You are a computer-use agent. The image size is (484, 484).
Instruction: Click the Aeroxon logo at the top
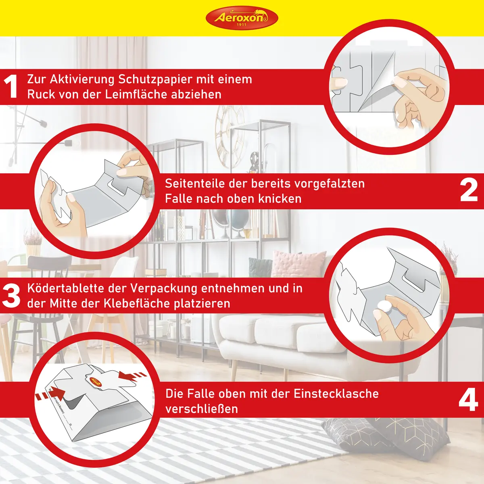(x=242, y=18)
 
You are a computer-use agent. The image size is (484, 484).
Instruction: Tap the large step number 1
(x=10, y=87)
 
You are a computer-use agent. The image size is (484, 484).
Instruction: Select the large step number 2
(x=469, y=190)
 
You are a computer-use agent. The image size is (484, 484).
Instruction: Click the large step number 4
(x=469, y=400)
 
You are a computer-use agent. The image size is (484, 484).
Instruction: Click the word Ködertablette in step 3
(x=66, y=288)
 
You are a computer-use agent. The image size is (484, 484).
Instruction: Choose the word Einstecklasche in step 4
(x=336, y=393)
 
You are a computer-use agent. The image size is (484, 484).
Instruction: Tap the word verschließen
(x=202, y=409)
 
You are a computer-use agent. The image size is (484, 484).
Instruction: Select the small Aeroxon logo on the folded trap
(x=95, y=383)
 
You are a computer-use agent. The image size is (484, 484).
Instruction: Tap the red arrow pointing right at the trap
(x=50, y=394)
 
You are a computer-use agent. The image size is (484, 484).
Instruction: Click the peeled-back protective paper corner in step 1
(x=377, y=83)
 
